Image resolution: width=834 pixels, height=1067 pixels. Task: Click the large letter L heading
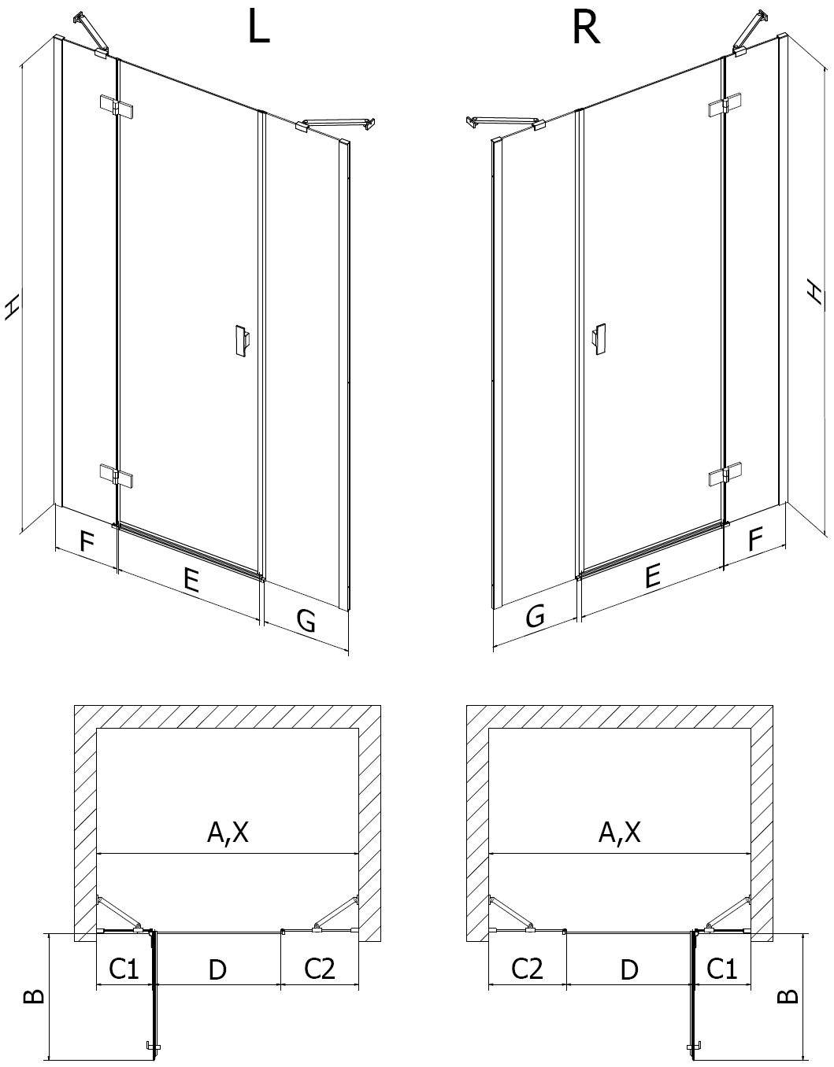259,28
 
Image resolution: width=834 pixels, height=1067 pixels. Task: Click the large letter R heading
586,28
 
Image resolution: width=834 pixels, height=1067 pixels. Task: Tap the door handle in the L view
242,340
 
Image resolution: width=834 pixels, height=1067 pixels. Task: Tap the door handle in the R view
599,339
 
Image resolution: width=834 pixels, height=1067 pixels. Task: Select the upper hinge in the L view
116,106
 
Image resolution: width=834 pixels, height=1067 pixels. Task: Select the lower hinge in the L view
116,474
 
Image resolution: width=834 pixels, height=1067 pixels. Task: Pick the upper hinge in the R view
725,105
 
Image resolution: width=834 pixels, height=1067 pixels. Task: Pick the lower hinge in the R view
725,474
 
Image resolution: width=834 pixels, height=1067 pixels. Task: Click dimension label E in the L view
191,579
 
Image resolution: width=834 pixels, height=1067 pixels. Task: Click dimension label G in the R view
536,615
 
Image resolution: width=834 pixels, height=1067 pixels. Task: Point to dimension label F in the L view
87,541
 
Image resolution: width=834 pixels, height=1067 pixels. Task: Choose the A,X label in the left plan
228,832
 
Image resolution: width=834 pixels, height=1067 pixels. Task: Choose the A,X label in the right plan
619,832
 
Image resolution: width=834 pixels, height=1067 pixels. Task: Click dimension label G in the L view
306,620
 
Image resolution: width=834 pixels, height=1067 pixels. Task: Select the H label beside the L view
13,308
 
